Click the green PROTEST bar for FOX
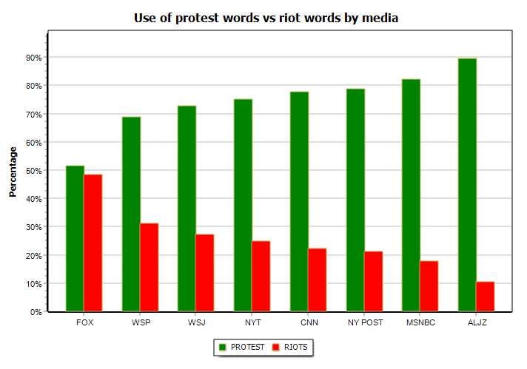point(75,238)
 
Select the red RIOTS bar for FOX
point(93,243)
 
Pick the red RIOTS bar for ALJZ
point(485,297)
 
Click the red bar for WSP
point(149,267)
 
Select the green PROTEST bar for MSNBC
point(411,195)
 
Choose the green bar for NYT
point(243,205)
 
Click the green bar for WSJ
point(187,209)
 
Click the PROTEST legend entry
point(242,347)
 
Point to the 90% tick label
point(33,58)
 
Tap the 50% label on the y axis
point(33,171)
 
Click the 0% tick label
point(36,312)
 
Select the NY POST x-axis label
point(364,323)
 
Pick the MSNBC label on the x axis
point(420,323)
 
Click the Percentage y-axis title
point(13,172)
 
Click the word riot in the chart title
point(287,18)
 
